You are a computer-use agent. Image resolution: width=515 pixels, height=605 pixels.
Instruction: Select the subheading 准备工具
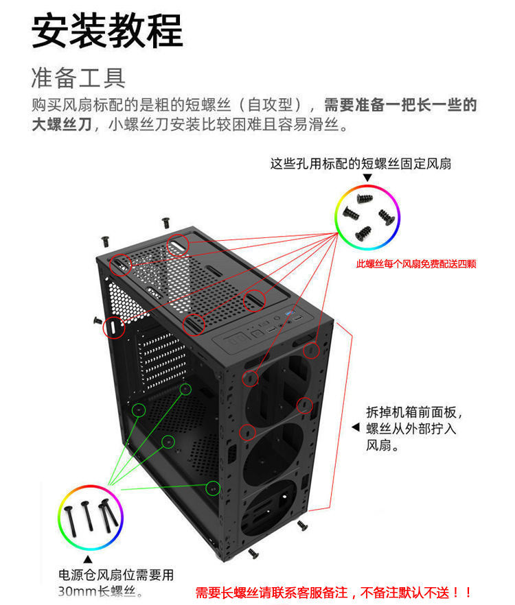pyautogui.click(x=78, y=78)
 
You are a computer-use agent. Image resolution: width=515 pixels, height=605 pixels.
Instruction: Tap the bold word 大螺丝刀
pyautogui.click(x=61, y=125)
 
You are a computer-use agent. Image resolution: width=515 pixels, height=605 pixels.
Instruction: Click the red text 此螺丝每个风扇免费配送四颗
pyautogui.click(x=416, y=264)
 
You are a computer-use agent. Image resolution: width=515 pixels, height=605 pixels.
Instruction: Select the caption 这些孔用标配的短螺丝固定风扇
pyautogui.click(x=360, y=164)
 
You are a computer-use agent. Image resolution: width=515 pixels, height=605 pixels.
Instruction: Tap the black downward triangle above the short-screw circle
pyautogui.click(x=367, y=178)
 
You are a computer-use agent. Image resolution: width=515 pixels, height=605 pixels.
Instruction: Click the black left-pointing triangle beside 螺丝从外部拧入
pyautogui.click(x=355, y=428)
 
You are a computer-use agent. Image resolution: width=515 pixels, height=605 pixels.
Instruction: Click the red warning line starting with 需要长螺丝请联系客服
pyautogui.click(x=334, y=591)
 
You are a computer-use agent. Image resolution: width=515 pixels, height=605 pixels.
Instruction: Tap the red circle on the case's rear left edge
pyautogui.click(x=113, y=329)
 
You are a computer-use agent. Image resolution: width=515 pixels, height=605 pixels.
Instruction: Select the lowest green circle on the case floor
pyautogui.click(x=212, y=488)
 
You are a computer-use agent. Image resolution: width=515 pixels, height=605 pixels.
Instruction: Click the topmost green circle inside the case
pyautogui.click(x=185, y=389)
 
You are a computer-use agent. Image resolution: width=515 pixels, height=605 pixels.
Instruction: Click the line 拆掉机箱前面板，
pyautogui.click(x=414, y=413)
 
